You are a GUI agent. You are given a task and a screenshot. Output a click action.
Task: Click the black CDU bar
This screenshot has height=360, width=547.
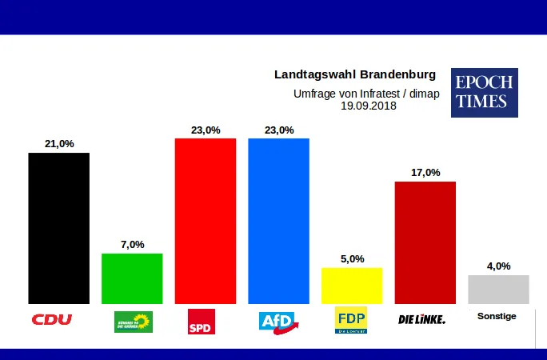click(58, 228)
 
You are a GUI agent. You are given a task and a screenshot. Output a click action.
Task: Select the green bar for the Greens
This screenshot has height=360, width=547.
click(132, 278)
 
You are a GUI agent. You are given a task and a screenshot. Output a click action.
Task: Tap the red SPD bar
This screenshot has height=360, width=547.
click(205, 221)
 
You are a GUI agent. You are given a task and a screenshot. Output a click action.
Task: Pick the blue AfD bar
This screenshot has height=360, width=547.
click(278, 221)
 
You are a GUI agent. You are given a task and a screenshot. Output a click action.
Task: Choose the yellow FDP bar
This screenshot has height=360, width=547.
click(352, 286)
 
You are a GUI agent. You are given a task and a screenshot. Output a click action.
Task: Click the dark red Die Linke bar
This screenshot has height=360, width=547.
click(425, 242)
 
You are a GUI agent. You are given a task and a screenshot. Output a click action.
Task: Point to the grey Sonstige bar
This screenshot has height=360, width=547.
click(498, 289)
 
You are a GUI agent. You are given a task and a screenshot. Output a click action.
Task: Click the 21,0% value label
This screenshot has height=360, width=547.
click(58, 144)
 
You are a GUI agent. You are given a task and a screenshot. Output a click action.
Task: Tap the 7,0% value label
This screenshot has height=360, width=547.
click(132, 245)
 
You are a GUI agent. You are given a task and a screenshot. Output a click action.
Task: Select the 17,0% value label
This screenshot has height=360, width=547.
click(425, 173)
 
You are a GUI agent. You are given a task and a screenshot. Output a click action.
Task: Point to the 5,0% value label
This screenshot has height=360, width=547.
click(352, 259)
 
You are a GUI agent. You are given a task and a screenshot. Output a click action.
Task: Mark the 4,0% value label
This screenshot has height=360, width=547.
click(498, 266)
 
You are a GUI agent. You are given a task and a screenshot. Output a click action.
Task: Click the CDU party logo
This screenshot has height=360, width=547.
click(52, 319)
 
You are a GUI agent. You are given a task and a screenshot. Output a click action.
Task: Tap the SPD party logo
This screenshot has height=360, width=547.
click(201, 321)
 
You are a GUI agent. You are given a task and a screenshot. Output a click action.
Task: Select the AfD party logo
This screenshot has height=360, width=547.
click(278, 321)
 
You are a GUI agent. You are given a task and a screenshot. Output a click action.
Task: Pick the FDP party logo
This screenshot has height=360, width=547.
click(351, 320)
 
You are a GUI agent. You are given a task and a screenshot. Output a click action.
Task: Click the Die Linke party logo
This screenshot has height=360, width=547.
click(421, 320)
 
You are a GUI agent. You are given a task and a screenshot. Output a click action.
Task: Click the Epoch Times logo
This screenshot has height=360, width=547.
click(484, 93)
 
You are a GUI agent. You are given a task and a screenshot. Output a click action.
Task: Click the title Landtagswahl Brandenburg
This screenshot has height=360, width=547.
click(355, 74)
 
